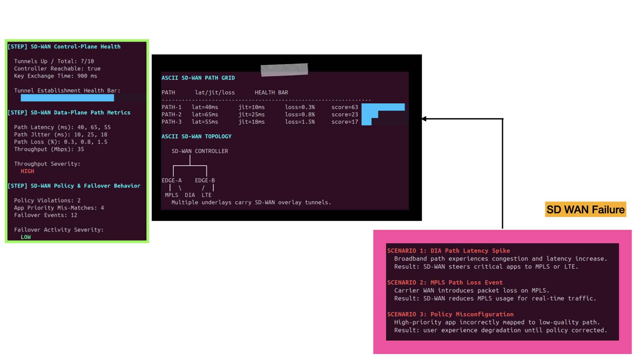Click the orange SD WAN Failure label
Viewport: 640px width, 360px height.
(585, 209)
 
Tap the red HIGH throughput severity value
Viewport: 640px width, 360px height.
(27, 171)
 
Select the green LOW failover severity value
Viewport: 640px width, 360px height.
(26, 237)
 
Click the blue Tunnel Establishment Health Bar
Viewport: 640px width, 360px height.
(67, 98)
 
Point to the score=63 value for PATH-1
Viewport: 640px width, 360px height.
(345, 107)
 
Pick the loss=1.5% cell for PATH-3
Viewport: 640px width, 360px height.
(300, 122)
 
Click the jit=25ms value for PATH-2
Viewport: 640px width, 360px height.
(251, 114)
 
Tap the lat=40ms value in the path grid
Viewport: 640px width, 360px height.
(205, 107)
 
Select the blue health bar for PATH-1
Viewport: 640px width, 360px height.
(383, 107)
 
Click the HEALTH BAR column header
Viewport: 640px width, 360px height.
(271, 92)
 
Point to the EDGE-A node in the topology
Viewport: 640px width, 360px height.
(172, 180)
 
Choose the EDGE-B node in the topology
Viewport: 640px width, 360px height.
(205, 180)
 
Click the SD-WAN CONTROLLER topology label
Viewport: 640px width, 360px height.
(200, 151)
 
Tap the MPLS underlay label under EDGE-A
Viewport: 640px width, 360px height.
(171, 195)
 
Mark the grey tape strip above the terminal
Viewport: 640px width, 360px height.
(284, 70)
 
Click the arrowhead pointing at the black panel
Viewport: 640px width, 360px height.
(424, 119)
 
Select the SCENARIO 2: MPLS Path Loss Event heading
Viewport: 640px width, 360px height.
(445, 282)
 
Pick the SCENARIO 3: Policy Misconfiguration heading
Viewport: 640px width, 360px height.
(450, 314)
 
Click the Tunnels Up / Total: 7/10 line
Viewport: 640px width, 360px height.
(54, 61)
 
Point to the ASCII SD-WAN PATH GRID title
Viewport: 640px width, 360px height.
(198, 78)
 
